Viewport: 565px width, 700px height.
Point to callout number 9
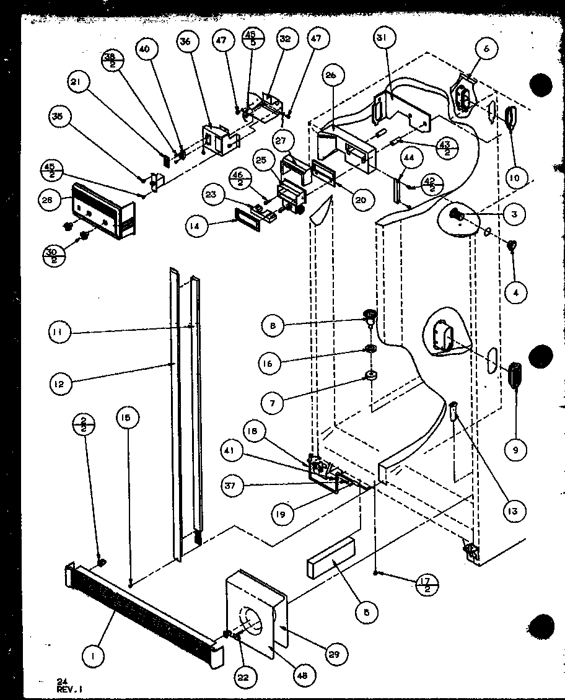(515, 451)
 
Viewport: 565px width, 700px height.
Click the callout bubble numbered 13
(514, 511)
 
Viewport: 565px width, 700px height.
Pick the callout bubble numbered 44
(408, 159)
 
